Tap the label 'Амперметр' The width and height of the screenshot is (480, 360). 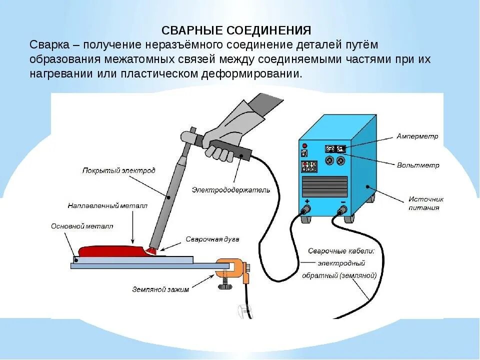tap(417, 136)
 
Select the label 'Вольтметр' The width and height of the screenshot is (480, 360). tap(418, 165)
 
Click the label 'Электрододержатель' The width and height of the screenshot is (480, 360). tap(231, 190)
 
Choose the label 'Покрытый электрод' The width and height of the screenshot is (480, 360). tap(118, 170)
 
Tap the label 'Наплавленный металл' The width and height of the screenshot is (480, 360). tap(107, 205)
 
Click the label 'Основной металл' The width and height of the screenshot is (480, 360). tap(82, 226)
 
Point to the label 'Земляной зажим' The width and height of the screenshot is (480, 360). tap(160, 289)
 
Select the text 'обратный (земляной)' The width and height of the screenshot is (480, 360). tap(338, 275)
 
